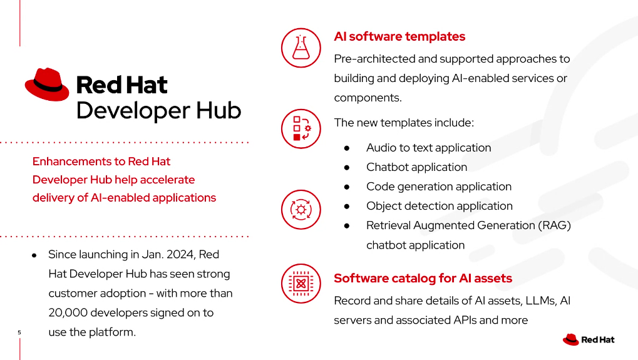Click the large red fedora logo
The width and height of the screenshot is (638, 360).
tap(47, 85)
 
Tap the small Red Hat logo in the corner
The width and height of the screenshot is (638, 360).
tap(589, 340)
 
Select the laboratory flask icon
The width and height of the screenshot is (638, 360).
tap(301, 48)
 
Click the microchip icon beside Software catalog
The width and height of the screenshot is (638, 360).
tap(301, 284)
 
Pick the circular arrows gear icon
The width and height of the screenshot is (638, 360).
tap(301, 210)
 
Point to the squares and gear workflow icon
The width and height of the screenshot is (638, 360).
tap(301, 129)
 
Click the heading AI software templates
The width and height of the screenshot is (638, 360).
tap(399, 36)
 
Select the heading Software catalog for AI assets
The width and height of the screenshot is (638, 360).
tap(423, 278)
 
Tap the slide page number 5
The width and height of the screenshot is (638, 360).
tap(19, 332)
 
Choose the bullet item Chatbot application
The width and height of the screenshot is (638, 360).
tap(416, 167)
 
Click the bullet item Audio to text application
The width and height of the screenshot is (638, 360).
tap(428, 148)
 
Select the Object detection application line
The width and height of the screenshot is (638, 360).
tap(440, 206)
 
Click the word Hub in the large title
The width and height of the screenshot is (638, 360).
tap(219, 110)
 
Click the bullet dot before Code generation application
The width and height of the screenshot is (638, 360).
tap(347, 187)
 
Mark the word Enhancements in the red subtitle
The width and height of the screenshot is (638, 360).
tap(78, 162)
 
